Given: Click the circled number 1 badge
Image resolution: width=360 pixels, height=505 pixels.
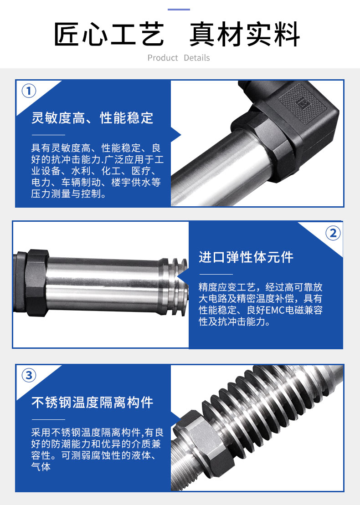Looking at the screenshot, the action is (x=29, y=91).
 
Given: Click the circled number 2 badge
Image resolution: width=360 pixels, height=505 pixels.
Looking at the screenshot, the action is (x=333, y=233).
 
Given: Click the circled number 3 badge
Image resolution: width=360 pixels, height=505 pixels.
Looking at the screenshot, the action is (x=29, y=375).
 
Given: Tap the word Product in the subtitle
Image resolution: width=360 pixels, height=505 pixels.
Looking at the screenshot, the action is (x=162, y=58).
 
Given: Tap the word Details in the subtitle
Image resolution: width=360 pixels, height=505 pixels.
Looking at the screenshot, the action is (x=196, y=58).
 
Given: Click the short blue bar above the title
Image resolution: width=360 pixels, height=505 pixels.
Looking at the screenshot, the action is (x=179, y=10).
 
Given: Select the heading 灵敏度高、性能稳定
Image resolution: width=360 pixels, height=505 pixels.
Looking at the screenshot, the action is (x=92, y=118).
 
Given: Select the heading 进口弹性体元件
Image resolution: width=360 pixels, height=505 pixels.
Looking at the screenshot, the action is (x=246, y=257).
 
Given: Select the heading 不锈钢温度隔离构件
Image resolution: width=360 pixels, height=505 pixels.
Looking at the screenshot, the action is (x=92, y=402).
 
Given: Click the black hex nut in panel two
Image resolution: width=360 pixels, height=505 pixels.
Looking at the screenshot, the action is (x=37, y=282).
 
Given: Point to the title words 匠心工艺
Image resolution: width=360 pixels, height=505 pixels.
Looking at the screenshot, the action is (x=109, y=34).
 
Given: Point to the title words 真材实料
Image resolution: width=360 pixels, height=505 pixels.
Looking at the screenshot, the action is (x=245, y=34).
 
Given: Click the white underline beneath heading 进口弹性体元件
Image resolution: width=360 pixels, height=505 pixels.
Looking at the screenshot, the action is (x=216, y=275).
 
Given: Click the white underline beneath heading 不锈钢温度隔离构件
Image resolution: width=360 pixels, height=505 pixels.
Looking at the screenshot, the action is (x=48, y=419).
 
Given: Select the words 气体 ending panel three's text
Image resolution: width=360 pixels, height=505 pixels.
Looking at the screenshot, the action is (x=41, y=467).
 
